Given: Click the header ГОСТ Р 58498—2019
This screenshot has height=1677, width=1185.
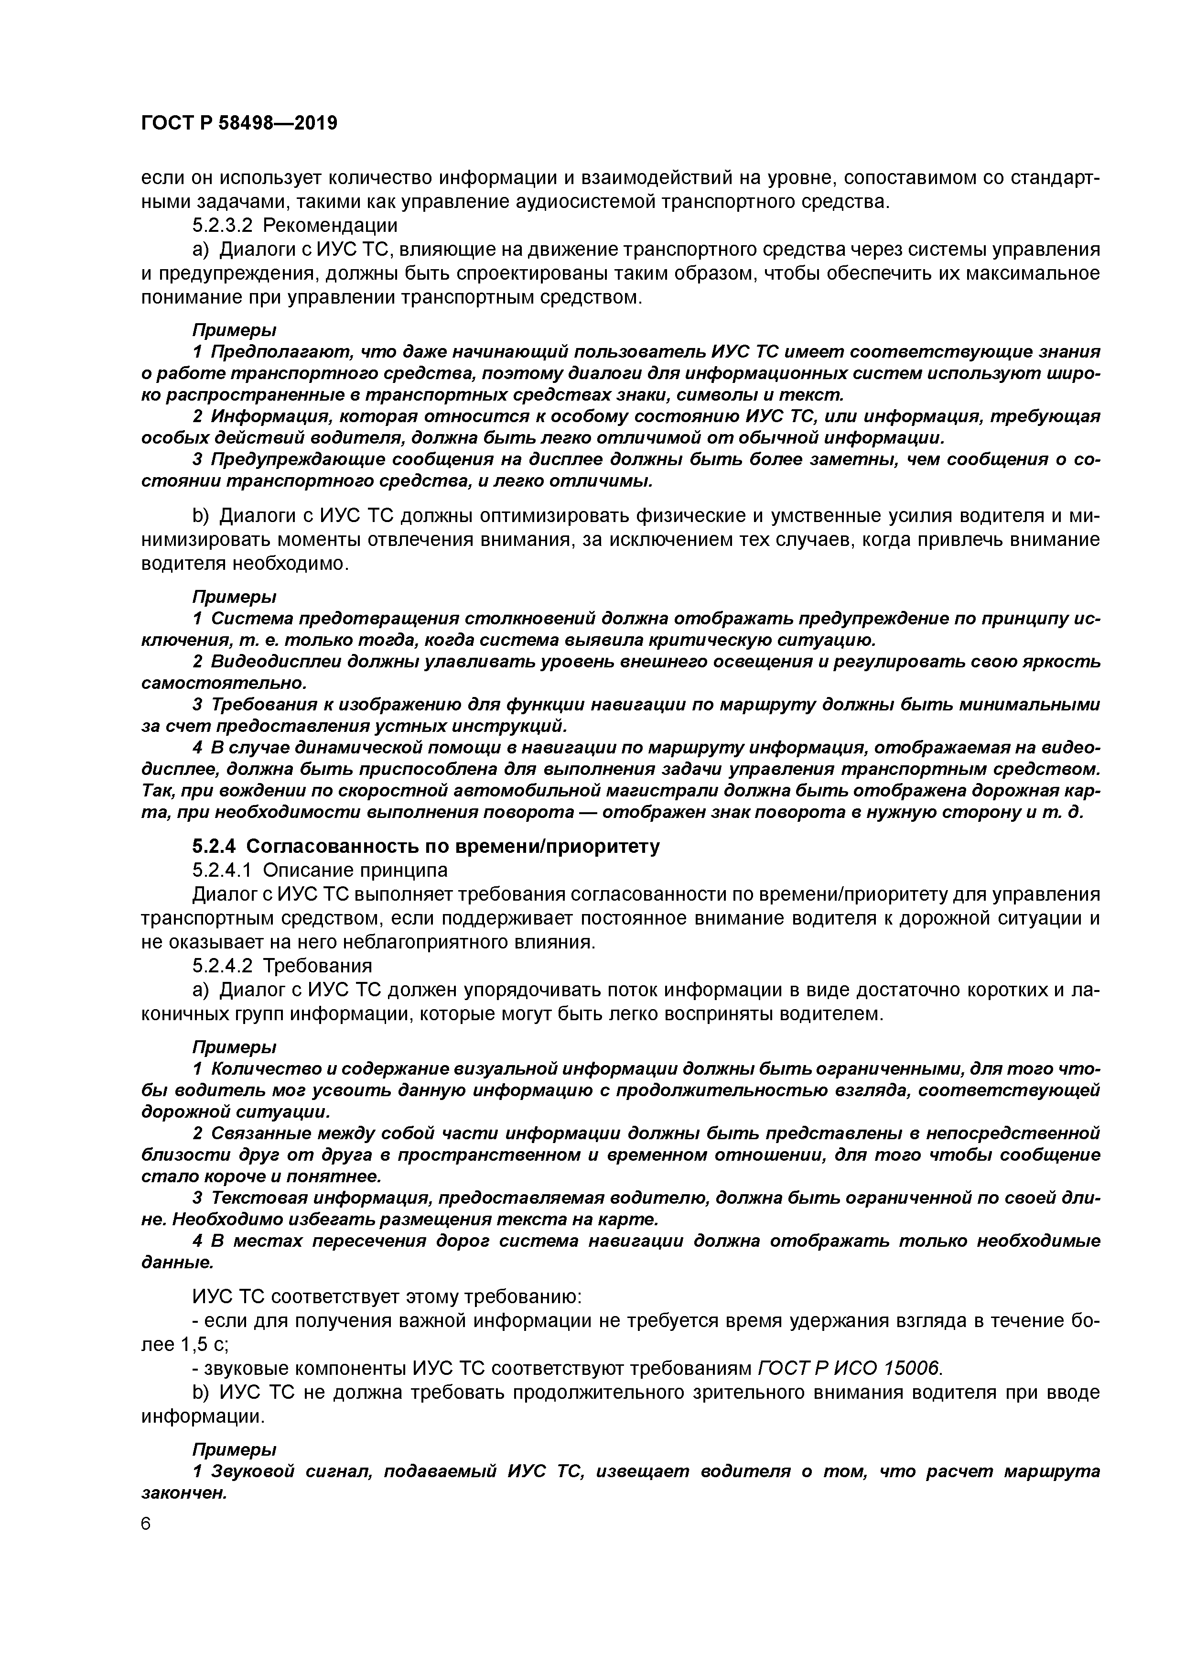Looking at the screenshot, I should coord(239,123).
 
